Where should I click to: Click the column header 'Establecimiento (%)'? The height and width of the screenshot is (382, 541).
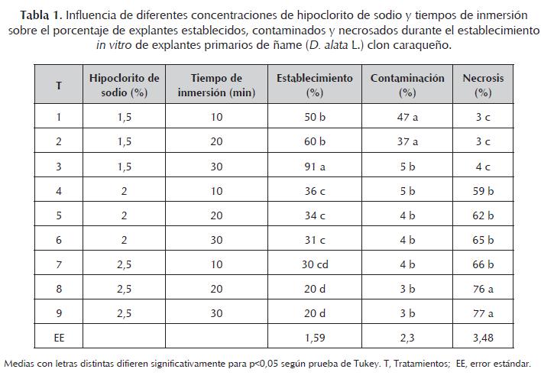[x=314, y=85]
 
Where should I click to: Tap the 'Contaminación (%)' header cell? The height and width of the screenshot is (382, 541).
[x=407, y=85]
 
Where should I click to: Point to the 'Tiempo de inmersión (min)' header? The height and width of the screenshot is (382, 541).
[x=215, y=85]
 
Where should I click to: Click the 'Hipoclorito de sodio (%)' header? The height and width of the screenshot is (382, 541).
[x=124, y=85]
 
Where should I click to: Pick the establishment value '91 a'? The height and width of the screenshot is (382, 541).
[x=314, y=166]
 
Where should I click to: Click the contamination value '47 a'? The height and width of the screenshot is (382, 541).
[x=407, y=118]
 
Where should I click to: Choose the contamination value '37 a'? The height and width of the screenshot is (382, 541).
[x=407, y=141]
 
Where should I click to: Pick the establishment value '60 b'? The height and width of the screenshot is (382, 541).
[x=314, y=141]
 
